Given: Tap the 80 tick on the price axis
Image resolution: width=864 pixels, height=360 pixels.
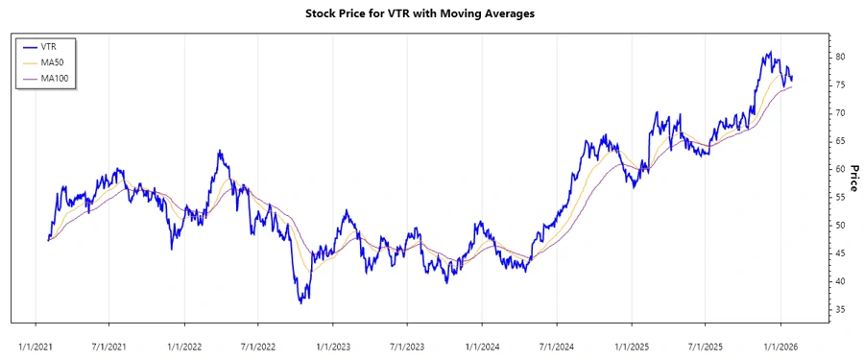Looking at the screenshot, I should (x=839, y=57).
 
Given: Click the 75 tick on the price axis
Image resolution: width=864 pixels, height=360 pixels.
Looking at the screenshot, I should (x=839, y=84).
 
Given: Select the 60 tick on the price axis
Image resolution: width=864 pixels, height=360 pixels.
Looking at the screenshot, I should (x=839, y=169).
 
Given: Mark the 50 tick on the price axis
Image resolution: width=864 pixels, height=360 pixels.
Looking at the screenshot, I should (x=839, y=225).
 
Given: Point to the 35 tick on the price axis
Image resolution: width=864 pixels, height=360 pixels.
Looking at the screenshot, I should (x=839, y=309).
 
